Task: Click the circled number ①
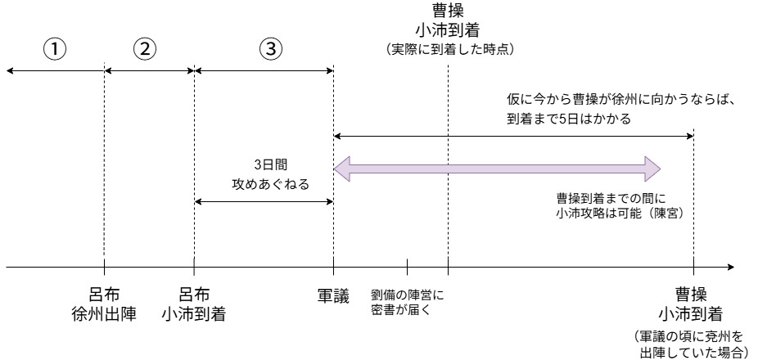54,48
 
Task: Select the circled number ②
145,48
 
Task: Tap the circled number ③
270,48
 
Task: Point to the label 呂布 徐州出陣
103,303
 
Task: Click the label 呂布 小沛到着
193,303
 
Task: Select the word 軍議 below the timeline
333,295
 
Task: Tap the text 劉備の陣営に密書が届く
407,301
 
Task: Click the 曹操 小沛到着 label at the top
447,21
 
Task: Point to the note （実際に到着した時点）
448,51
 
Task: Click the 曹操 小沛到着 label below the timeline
693,303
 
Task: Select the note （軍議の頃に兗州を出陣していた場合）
693,344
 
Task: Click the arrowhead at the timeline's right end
729,267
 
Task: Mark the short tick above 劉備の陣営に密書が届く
407,267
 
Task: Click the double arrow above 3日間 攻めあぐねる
264,201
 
